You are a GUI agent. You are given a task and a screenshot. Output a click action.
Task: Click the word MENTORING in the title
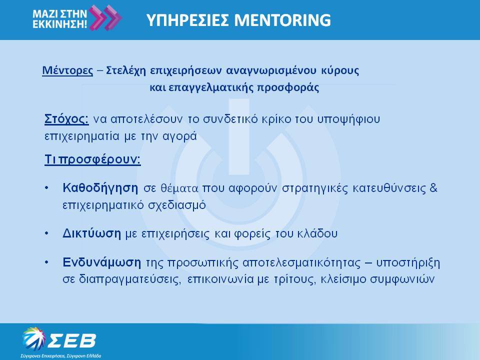[282, 20]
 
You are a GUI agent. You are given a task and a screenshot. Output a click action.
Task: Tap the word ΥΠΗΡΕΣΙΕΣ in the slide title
[187, 20]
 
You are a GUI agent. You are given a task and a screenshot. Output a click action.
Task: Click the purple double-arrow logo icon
[105, 18]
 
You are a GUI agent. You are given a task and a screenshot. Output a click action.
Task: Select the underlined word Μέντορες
[67, 70]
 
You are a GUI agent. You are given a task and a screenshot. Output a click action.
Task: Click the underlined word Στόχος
[66, 119]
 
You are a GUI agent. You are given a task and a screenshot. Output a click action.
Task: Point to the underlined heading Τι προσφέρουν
[93, 159]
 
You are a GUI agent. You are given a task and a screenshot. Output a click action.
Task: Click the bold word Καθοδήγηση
[100, 188]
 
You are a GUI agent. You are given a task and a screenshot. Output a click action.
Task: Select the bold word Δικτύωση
[92, 233]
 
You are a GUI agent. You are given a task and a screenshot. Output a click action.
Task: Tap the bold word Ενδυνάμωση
[102, 262]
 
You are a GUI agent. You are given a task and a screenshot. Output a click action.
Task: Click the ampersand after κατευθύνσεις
[433, 187]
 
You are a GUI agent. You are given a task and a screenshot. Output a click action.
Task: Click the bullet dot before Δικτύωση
[46, 233]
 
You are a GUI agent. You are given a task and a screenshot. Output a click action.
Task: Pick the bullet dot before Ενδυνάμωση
[46, 262]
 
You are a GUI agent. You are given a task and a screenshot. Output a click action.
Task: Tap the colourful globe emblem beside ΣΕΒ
[33, 338]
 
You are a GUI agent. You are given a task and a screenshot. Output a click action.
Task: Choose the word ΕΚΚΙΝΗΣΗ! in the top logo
[59, 24]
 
